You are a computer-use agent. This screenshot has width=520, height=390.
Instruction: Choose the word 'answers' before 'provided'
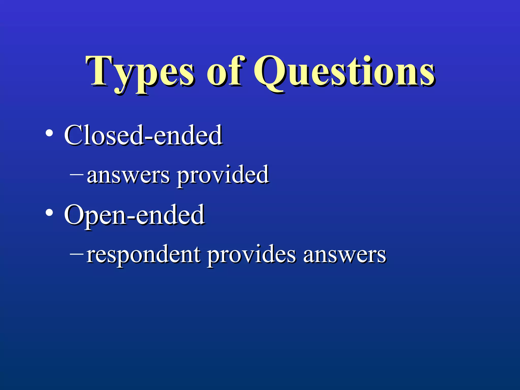(128, 175)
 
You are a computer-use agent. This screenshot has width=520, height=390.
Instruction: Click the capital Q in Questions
(270, 73)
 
